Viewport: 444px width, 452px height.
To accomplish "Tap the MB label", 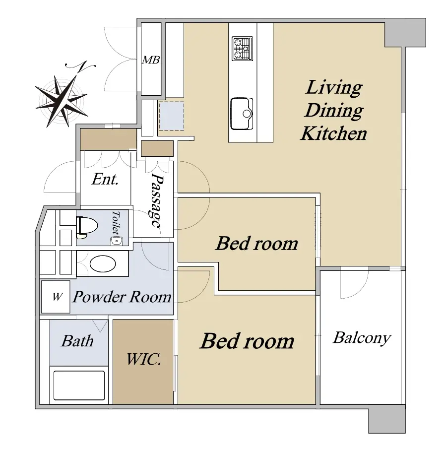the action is pyautogui.click(x=151, y=60).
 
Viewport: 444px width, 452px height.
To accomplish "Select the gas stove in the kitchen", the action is pyautogui.click(x=242, y=49).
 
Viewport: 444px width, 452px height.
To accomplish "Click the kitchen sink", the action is pyautogui.click(x=242, y=114).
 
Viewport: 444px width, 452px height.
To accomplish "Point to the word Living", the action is pyautogui.click(x=334, y=88).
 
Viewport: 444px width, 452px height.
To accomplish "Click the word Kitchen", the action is pyautogui.click(x=333, y=133).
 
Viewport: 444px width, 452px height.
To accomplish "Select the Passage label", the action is pyautogui.click(x=157, y=200).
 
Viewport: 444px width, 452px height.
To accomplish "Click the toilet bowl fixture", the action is pyautogui.click(x=87, y=227).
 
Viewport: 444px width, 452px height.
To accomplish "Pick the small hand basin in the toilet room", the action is pyautogui.click(x=117, y=241).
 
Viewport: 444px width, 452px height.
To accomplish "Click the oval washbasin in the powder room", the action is pyautogui.click(x=103, y=263).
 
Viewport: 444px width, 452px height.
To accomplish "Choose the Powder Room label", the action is pyautogui.click(x=122, y=297).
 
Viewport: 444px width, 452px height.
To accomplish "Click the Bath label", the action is pyautogui.click(x=77, y=341).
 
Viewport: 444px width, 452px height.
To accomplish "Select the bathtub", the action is pyautogui.click(x=79, y=386).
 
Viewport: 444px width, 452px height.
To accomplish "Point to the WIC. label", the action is pyautogui.click(x=143, y=359).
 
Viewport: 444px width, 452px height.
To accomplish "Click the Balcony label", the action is pyautogui.click(x=362, y=338).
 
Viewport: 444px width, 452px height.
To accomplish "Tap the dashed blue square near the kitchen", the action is pyautogui.click(x=172, y=116).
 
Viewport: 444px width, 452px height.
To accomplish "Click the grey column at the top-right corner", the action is pyautogui.click(x=405, y=33).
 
